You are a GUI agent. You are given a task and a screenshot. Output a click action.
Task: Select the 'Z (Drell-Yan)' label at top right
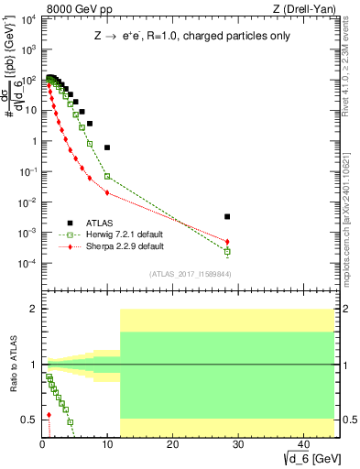[x=303, y=10]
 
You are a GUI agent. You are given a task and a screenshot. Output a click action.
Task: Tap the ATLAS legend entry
[x=96, y=222]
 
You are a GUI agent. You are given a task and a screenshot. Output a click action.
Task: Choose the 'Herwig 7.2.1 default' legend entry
[x=116, y=234]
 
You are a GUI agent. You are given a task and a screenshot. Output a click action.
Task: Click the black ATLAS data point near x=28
[x=227, y=217]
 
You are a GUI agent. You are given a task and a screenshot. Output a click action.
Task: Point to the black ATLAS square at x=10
[x=107, y=147]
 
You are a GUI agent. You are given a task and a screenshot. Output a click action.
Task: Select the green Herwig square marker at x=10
[x=107, y=176]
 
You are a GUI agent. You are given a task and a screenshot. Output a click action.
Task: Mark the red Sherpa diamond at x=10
[x=107, y=192]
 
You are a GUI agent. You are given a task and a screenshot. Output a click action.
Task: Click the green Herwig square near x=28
[x=227, y=251]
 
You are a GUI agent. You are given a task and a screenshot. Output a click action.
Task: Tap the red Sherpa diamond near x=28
[x=227, y=242]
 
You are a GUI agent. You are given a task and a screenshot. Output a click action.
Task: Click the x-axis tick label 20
[x=172, y=444]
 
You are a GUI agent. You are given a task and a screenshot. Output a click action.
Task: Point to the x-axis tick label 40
[x=302, y=444]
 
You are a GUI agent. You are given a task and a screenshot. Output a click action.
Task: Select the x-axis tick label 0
[x=42, y=444]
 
